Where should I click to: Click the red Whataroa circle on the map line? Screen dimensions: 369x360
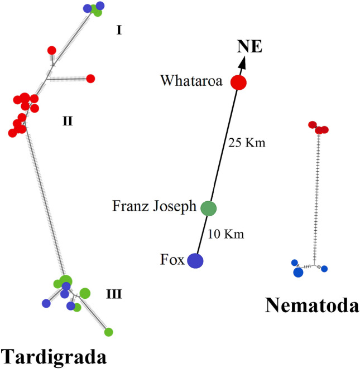(x=239, y=82)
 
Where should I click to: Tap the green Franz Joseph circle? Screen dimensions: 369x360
(x=208, y=208)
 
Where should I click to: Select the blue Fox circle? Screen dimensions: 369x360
(x=195, y=260)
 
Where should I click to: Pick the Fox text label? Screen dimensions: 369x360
(x=172, y=260)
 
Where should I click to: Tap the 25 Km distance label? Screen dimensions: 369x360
(x=247, y=143)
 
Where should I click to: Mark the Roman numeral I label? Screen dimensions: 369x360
(x=119, y=30)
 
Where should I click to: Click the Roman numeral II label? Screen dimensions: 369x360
(x=68, y=120)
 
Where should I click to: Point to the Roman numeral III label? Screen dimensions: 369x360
(x=113, y=294)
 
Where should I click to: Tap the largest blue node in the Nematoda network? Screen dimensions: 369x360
(x=298, y=273)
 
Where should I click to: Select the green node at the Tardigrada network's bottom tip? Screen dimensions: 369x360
(x=109, y=332)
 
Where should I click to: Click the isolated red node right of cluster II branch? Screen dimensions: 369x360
(x=90, y=79)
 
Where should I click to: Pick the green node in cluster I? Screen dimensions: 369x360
(x=97, y=12)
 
